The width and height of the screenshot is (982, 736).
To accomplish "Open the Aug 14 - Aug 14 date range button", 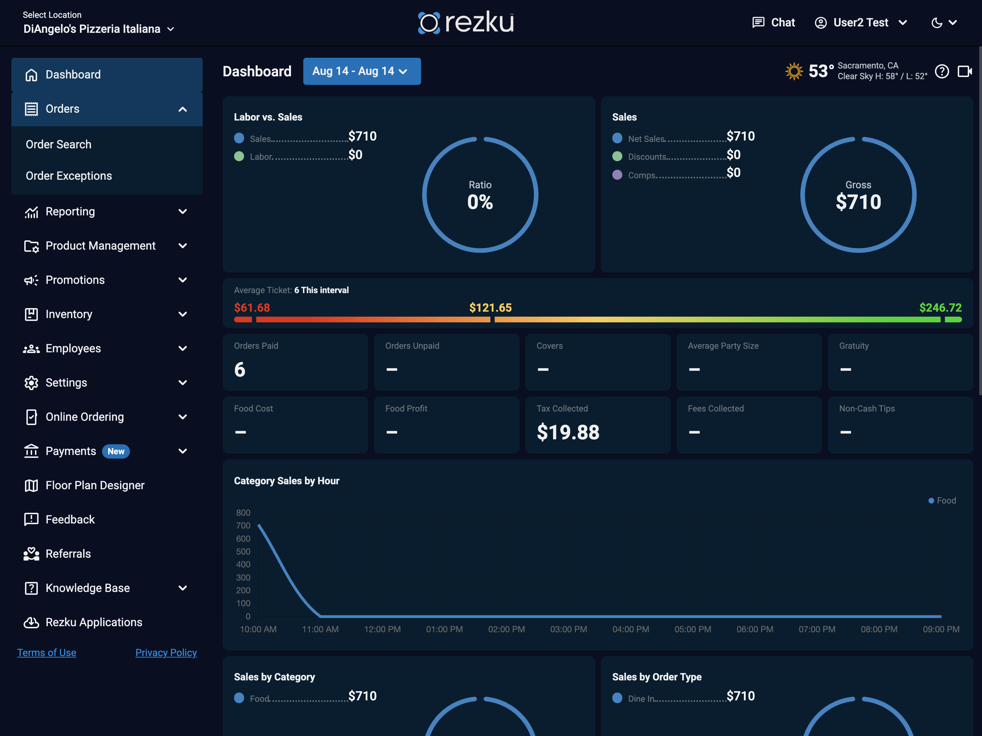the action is click(362, 71).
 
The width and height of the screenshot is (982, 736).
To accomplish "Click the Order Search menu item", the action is click(59, 144).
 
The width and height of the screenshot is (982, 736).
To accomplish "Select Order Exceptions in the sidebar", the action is click(69, 176).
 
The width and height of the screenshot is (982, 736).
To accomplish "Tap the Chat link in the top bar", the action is click(773, 22).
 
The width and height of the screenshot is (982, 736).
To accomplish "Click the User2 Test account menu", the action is click(860, 22).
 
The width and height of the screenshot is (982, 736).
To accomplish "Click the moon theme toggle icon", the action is click(937, 22).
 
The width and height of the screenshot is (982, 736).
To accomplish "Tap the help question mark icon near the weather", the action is click(942, 71).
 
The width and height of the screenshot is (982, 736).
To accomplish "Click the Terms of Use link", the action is click(47, 653).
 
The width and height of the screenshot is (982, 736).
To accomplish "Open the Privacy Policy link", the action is click(166, 653).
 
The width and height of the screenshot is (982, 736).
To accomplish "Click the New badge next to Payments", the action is click(116, 451).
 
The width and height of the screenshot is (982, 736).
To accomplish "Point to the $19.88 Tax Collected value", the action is click(568, 432).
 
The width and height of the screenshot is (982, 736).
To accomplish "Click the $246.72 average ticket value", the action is click(940, 307).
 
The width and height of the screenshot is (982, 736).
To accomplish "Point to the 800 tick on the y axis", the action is click(243, 512).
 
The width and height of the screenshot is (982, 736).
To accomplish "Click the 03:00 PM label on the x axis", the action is click(568, 629).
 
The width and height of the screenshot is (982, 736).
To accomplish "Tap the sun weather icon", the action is click(794, 71).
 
